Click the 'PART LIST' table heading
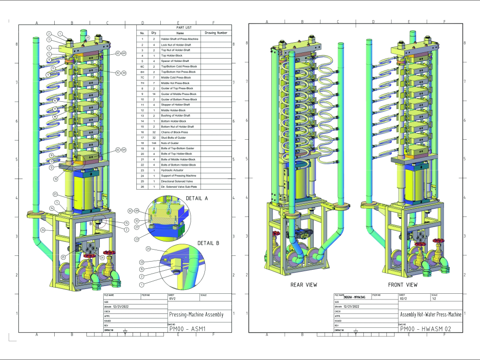184,27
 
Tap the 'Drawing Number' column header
216,33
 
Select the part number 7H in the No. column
142,83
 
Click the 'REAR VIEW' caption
303,285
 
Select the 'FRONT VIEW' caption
402,285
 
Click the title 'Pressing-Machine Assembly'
196,314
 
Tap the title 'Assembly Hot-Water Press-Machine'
431,314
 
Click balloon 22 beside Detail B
142,263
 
